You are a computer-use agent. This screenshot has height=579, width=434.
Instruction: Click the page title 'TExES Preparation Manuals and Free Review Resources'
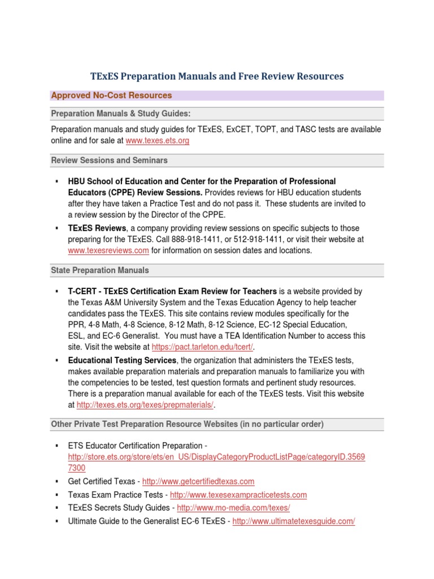pos(217,76)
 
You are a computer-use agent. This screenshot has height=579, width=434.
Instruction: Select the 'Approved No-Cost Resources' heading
pos(111,96)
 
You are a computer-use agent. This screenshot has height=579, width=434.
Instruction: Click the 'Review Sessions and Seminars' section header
pos(109,161)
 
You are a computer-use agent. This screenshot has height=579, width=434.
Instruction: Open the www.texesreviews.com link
pos(108,250)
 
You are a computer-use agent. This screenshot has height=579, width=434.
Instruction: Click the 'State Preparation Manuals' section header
pos(100,270)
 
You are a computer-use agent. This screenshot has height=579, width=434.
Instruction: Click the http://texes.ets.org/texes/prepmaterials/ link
pos(145,405)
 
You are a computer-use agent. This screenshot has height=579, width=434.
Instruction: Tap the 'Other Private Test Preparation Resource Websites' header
pos(187,424)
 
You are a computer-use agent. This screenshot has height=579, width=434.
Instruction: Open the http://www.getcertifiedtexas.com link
pos(198,481)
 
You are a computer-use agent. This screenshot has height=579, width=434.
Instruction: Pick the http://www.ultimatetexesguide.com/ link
pos(293,521)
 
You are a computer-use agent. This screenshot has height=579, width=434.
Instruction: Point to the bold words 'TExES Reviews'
pos(97,228)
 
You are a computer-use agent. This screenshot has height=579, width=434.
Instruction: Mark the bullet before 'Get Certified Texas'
pos(57,481)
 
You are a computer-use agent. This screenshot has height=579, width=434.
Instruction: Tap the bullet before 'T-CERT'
pos(57,291)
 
